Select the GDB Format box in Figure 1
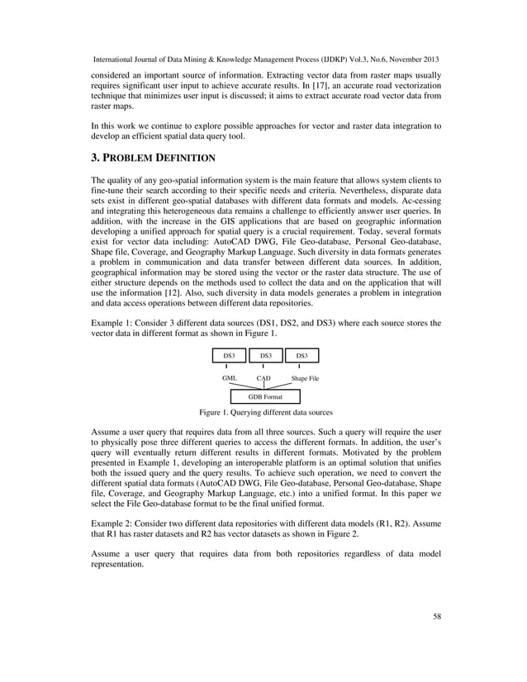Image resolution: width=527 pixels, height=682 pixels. (263, 397)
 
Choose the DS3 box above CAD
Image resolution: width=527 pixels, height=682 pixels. (263, 356)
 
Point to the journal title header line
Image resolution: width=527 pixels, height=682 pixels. (264, 61)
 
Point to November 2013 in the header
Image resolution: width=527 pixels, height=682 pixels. (410, 61)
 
